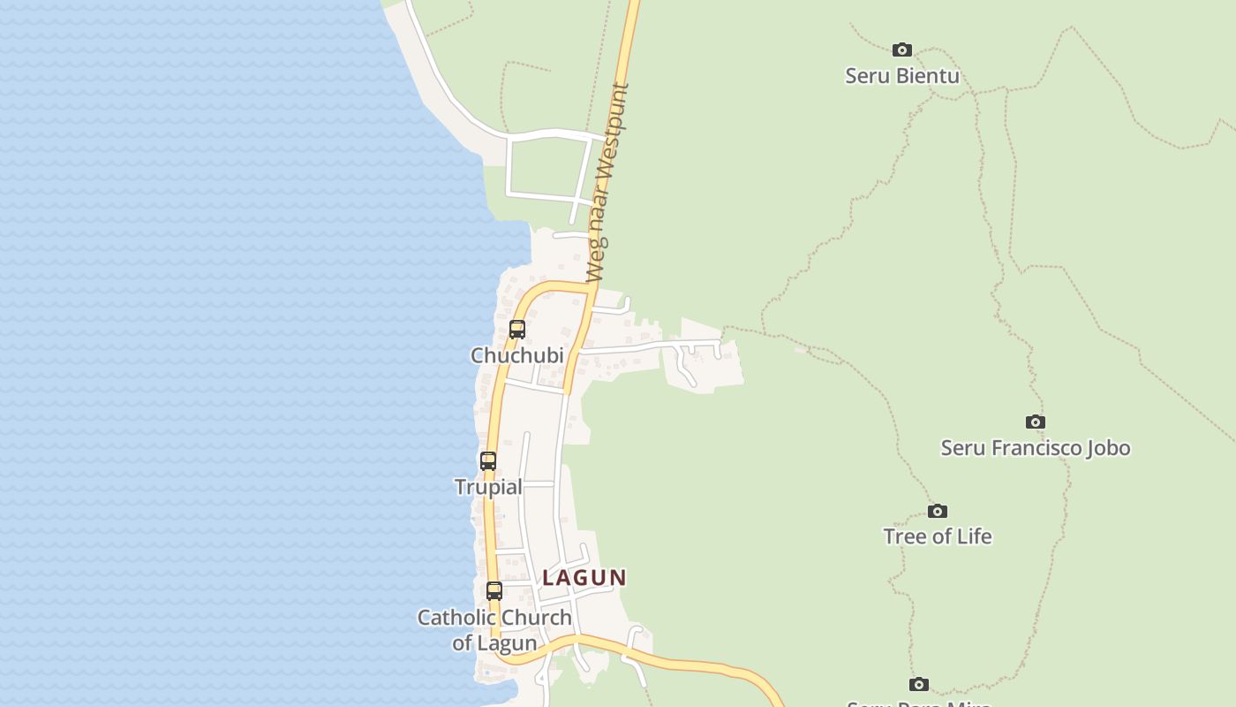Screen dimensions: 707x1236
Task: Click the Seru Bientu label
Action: tap(901, 76)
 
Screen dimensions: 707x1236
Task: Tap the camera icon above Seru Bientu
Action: tap(901, 49)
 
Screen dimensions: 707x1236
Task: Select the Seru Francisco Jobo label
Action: tap(1035, 448)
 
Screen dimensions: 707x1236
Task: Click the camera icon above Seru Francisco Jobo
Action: tap(1035, 422)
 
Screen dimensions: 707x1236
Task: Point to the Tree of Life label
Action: tap(937, 536)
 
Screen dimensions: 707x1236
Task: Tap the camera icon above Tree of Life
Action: tap(937, 511)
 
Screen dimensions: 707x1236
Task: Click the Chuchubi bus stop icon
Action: tap(517, 330)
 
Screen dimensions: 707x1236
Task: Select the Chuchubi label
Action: tap(516, 355)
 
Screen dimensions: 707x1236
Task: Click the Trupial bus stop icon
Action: tap(488, 460)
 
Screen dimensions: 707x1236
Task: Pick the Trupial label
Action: tap(488, 487)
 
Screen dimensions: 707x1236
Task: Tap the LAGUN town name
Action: tap(584, 578)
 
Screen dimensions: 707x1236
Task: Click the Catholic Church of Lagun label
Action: tap(494, 630)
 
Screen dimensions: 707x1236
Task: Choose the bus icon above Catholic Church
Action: tap(494, 590)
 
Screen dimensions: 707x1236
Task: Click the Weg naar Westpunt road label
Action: tap(608, 183)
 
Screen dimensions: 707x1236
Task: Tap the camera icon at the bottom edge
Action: tap(919, 684)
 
